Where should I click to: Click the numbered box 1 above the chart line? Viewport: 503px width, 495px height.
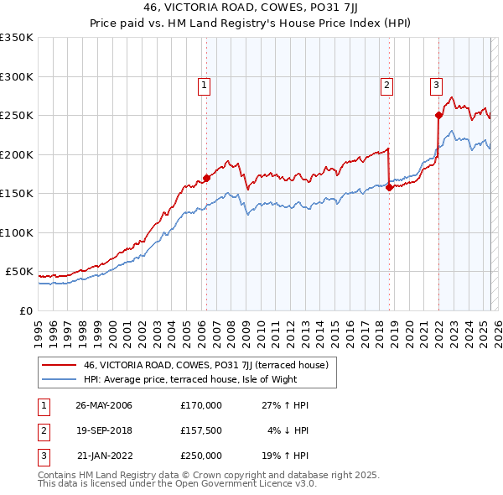point(205,84)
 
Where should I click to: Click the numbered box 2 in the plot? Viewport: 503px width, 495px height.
point(386,84)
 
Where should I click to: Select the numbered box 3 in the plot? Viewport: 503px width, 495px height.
point(436,84)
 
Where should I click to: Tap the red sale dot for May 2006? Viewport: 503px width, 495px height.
point(206,179)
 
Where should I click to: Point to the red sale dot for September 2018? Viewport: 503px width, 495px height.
point(390,188)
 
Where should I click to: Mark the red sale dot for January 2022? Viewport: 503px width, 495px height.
point(438,116)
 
